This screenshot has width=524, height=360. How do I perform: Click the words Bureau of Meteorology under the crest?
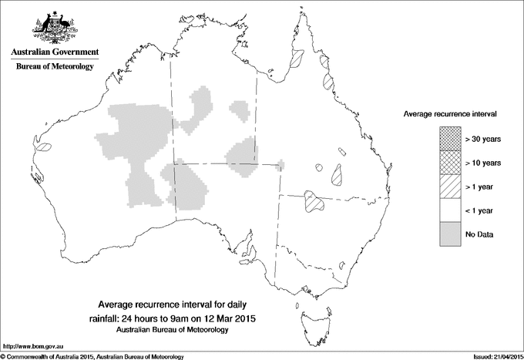point(54,67)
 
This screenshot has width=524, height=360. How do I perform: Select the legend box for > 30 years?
point(448,139)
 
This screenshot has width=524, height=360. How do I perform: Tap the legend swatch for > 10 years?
point(448,163)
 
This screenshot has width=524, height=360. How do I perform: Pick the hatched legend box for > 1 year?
point(448,186)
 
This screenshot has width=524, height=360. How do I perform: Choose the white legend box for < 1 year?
point(448,210)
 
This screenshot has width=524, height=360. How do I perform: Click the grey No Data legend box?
point(448,234)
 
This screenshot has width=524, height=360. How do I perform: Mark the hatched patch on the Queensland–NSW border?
point(313,201)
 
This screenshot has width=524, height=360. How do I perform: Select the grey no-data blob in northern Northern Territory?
point(202,108)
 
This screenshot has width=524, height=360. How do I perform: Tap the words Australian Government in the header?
point(54,52)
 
